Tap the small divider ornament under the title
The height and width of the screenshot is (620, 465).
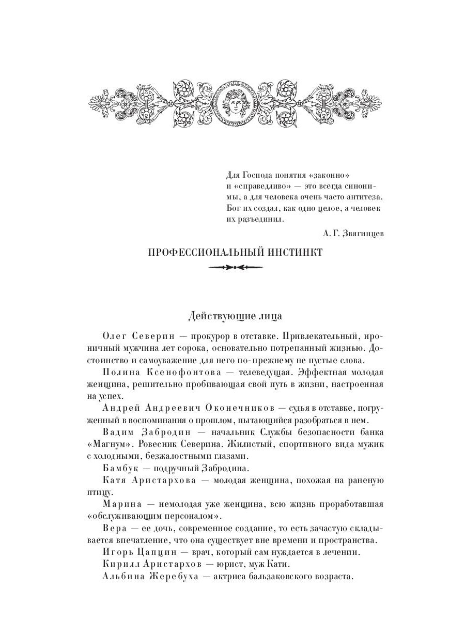pos(235,268)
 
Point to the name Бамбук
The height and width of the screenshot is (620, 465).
pos(119,468)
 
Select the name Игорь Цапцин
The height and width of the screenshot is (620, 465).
pos(136,552)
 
